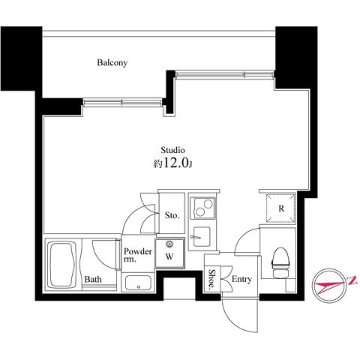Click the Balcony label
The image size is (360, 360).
112,63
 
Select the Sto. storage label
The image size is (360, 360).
172,216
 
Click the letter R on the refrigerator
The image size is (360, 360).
281,208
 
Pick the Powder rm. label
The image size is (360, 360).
138,255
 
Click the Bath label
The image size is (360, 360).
93,280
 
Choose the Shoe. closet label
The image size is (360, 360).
213,277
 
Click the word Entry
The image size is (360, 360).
241,280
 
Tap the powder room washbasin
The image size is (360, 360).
138,283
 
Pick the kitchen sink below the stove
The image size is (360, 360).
201,235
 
